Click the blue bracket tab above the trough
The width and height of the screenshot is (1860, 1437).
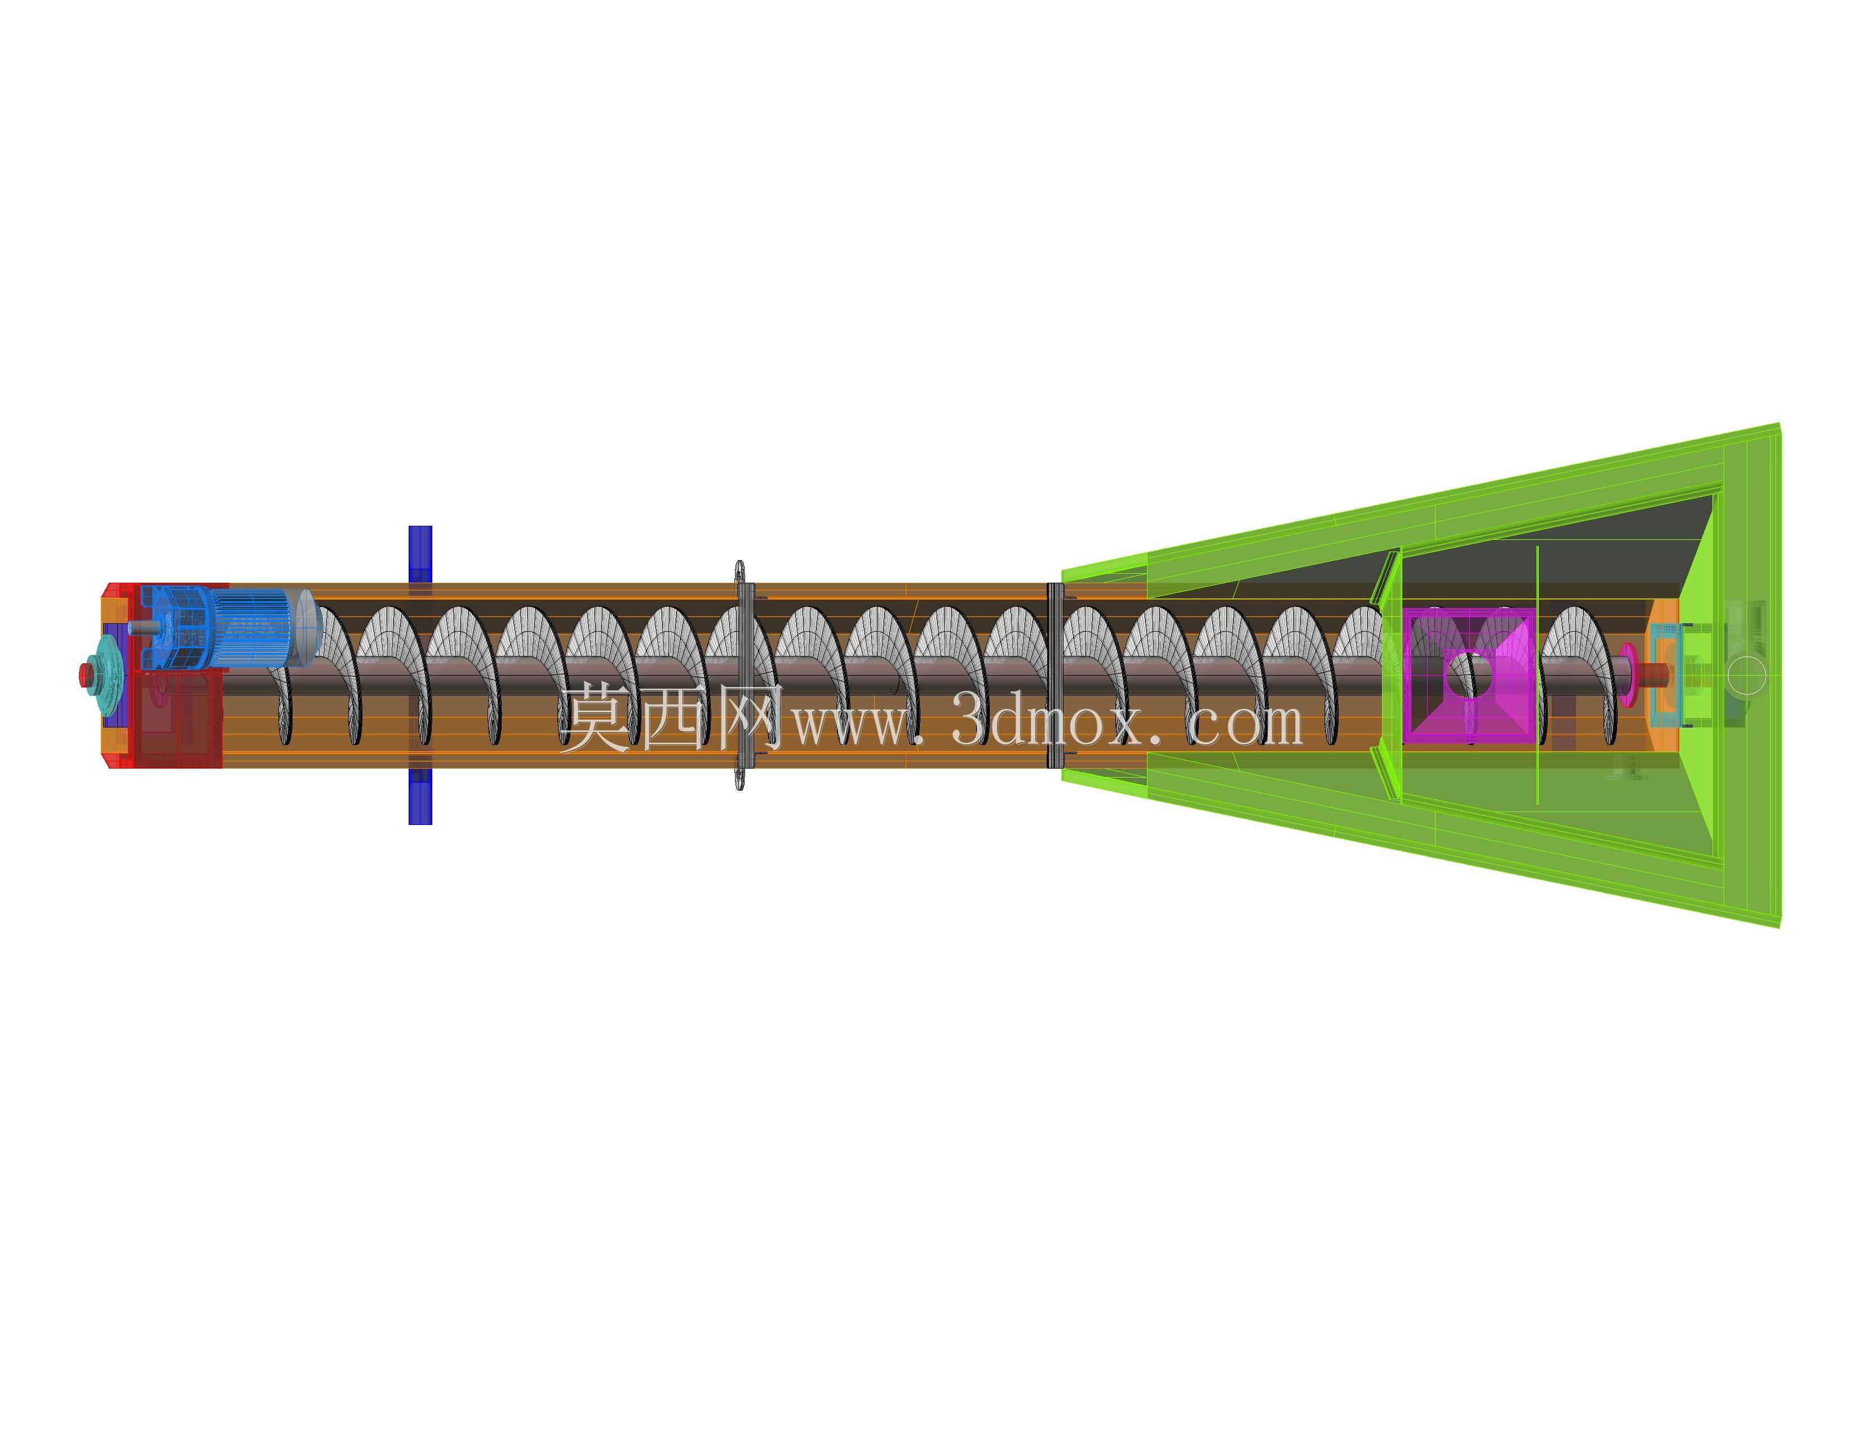420,553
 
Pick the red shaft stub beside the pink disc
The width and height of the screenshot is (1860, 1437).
1654,675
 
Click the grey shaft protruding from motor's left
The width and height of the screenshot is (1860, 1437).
140,628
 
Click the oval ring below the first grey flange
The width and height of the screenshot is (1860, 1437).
739,778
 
